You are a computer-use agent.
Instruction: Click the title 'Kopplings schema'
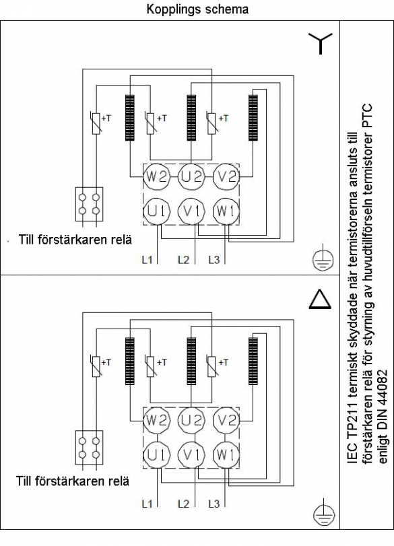[x=197, y=9]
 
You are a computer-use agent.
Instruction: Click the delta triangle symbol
[x=320, y=300]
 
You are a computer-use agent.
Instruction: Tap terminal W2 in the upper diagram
[x=156, y=177]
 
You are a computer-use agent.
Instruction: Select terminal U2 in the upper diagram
[x=191, y=177]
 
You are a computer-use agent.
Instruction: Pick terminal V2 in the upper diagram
[x=226, y=177]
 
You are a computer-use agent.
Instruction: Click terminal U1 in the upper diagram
[x=156, y=211]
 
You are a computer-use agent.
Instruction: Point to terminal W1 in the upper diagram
[x=226, y=211]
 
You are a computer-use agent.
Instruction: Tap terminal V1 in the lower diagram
[x=191, y=454]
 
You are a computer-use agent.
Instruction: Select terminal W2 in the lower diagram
[x=156, y=420]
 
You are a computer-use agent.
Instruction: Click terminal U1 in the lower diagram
[x=156, y=454]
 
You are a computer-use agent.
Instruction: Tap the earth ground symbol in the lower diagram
[x=323, y=512]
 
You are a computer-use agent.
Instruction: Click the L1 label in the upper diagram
[x=147, y=259]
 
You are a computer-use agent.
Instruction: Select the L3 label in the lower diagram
[x=214, y=504]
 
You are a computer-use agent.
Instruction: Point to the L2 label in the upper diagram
[x=183, y=259]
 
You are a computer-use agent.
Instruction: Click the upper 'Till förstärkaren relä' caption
[x=75, y=240]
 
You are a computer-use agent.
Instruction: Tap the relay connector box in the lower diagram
[x=89, y=447]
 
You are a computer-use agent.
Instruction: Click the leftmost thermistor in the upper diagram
[x=96, y=123]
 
